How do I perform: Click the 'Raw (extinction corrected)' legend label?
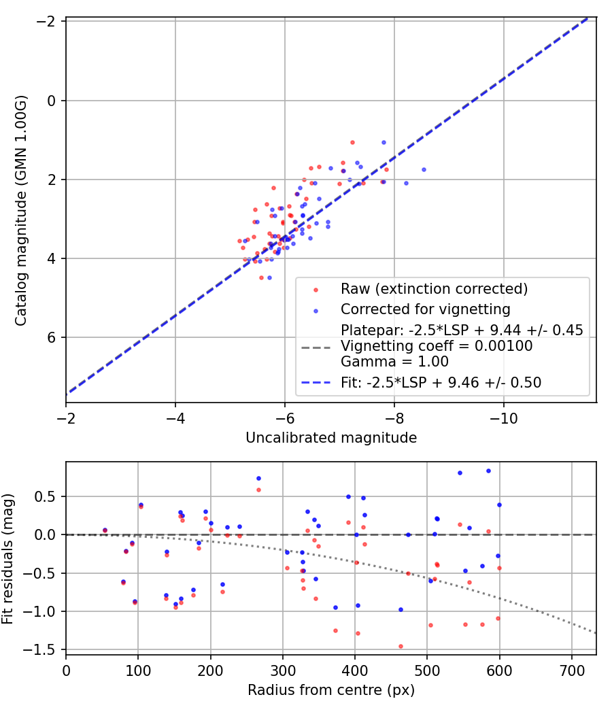point(434,289)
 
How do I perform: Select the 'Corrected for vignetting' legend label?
point(425,309)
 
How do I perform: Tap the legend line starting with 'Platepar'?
point(462,330)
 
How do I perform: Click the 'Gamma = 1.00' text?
point(395,362)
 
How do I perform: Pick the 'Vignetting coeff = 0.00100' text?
point(437,346)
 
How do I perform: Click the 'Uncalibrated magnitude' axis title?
point(331,438)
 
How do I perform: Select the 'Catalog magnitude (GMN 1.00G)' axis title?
point(21,210)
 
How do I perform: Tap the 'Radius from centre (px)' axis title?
point(331,690)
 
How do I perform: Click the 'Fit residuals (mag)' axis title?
point(7,559)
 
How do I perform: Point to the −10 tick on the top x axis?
point(503,418)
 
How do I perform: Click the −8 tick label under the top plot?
point(394,418)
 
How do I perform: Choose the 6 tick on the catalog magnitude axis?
point(52,337)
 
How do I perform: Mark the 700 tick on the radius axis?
point(571,670)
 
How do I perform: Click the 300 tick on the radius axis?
point(282,670)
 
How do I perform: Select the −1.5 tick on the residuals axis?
point(45,650)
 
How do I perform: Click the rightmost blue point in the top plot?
point(424,170)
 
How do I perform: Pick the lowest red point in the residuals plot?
point(401,647)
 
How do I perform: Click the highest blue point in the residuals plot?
point(489,471)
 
